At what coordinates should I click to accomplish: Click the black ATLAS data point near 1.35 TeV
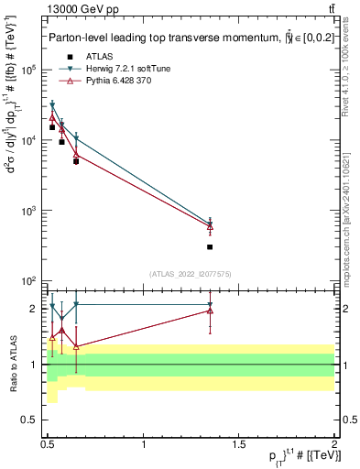[x=210, y=247]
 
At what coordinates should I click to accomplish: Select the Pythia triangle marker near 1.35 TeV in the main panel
[x=210, y=227]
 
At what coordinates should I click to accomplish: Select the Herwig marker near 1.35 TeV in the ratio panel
[x=210, y=304]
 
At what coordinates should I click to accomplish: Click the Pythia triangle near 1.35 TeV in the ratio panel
[x=210, y=311]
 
